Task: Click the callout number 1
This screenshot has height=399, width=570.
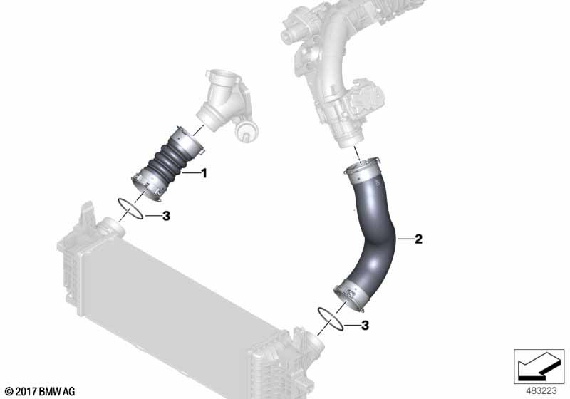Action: click(x=204, y=173)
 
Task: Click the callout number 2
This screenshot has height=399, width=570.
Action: click(x=418, y=239)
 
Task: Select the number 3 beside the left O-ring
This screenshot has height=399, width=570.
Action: click(x=166, y=216)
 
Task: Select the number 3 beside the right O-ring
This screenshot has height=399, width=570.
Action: click(x=365, y=325)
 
